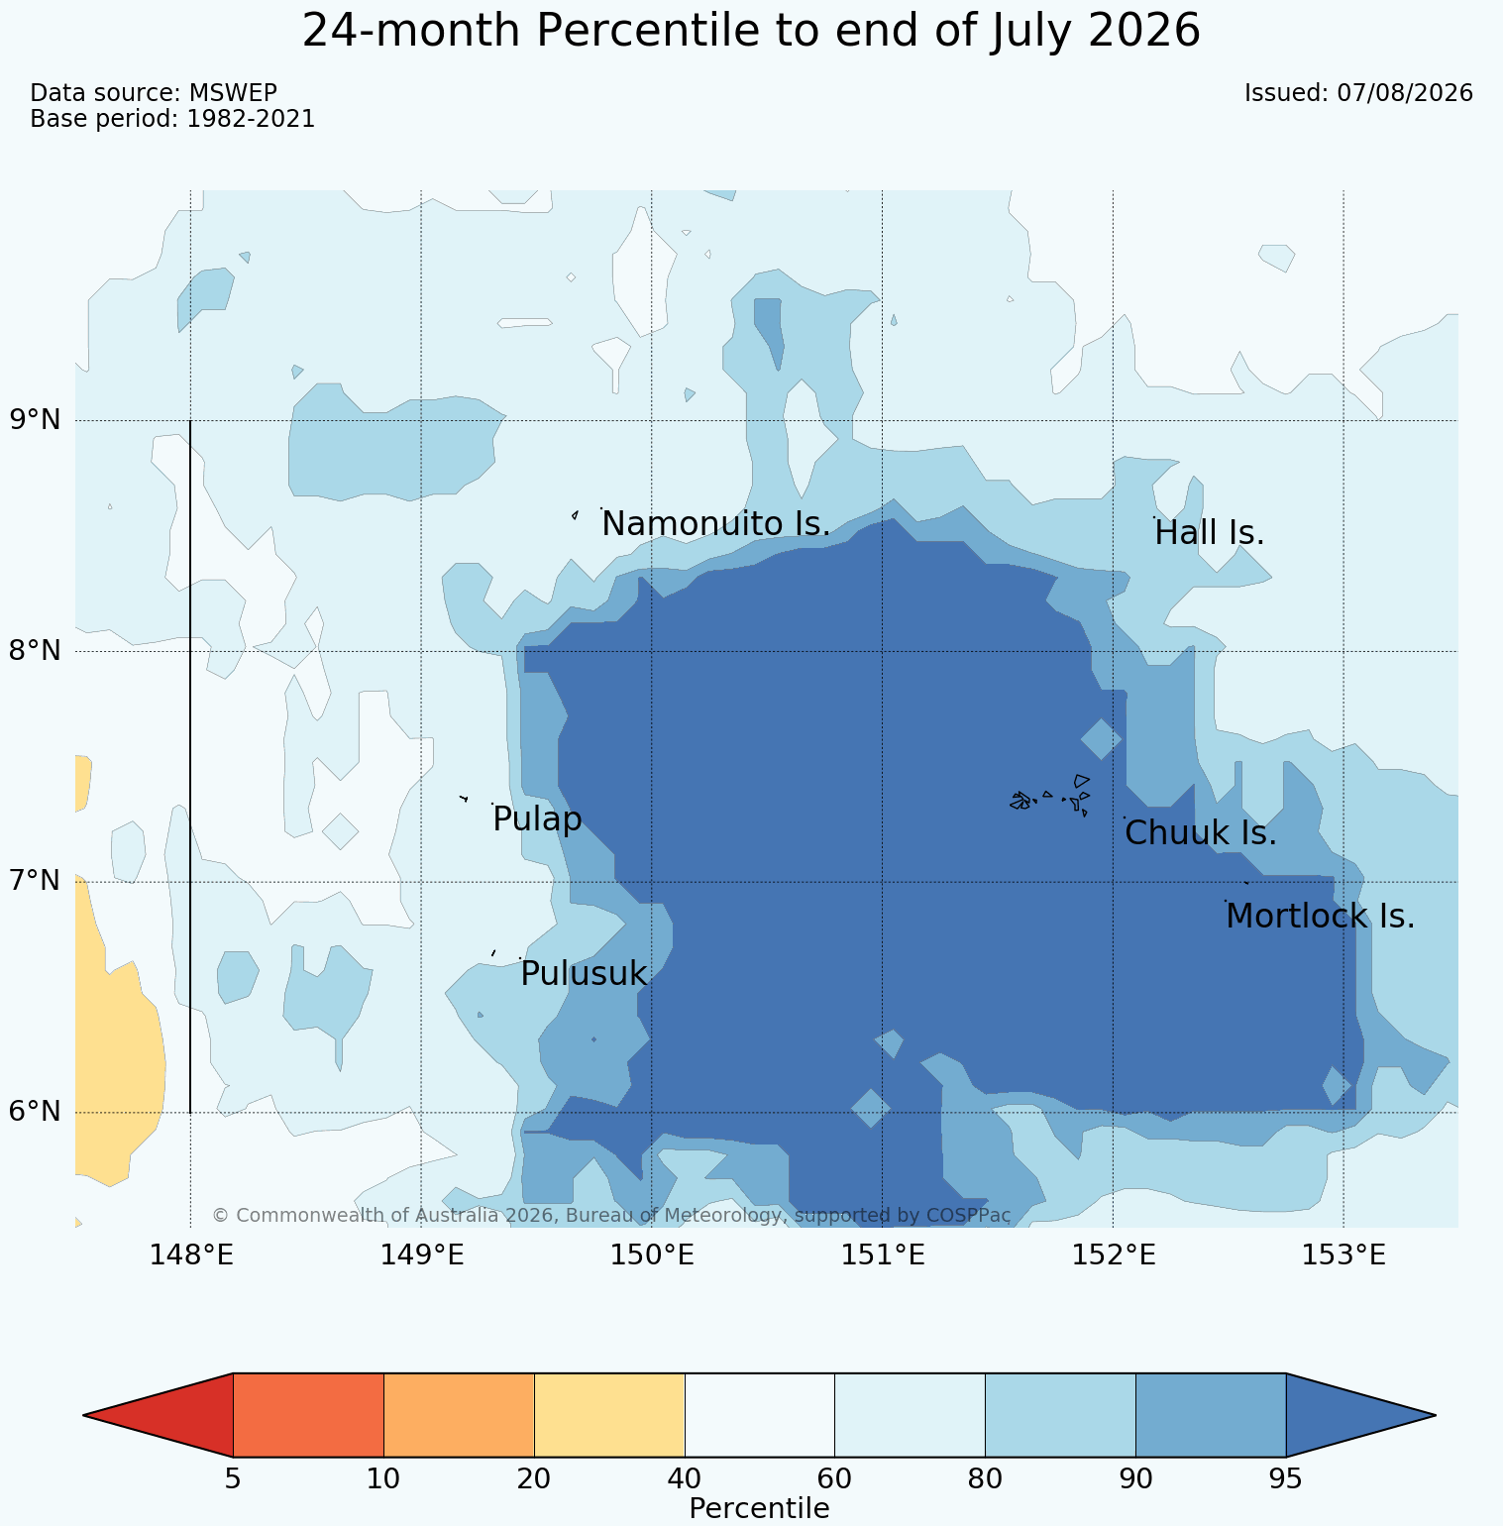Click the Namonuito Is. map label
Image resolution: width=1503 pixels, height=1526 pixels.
tap(715, 524)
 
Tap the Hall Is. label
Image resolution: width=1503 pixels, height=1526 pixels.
tap(1210, 533)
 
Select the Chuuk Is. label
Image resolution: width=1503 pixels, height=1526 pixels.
tap(1201, 833)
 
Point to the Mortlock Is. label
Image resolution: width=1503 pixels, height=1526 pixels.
tap(1320, 917)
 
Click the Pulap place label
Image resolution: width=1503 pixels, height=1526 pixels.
tap(537, 820)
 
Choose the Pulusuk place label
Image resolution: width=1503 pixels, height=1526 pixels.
tap(584, 974)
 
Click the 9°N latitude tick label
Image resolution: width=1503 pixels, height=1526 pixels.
tap(36, 420)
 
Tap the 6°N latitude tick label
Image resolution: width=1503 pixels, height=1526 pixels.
tap(36, 1112)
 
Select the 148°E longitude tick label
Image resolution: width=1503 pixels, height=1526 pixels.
tap(191, 1255)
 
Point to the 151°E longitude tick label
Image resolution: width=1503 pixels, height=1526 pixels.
tap(883, 1255)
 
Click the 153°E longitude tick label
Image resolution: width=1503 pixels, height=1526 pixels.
tap(1343, 1255)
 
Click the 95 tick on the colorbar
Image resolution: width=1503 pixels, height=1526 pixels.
tap(1286, 1479)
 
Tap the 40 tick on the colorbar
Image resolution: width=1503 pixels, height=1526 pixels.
tap(685, 1479)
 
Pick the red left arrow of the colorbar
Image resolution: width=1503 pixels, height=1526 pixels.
tap(159, 1415)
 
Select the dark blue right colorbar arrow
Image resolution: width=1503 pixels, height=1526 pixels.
tap(1360, 1415)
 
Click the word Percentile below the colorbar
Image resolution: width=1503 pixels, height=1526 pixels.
tap(759, 1509)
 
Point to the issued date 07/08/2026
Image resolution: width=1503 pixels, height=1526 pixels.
tap(1405, 93)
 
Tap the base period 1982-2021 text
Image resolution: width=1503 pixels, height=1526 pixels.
tap(251, 119)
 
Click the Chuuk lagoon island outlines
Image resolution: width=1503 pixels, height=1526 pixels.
tap(1050, 796)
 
